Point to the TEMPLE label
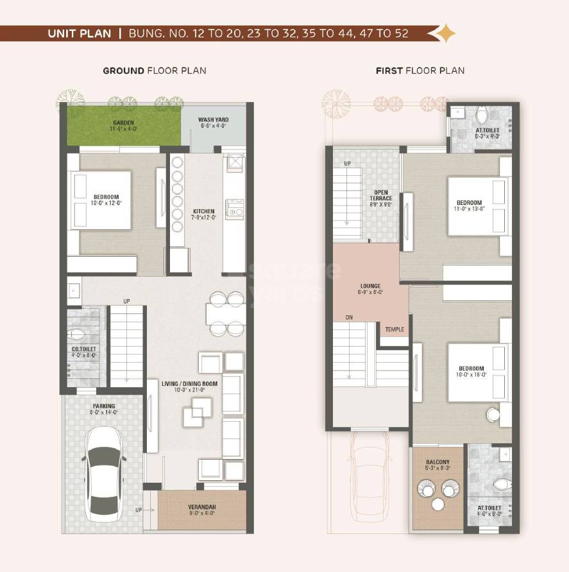pyautogui.click(x=395, y=329)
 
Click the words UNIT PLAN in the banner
pyautogui.click(x=79, y=33)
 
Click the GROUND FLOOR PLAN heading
pyautogui.click(x=155, y=71)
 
